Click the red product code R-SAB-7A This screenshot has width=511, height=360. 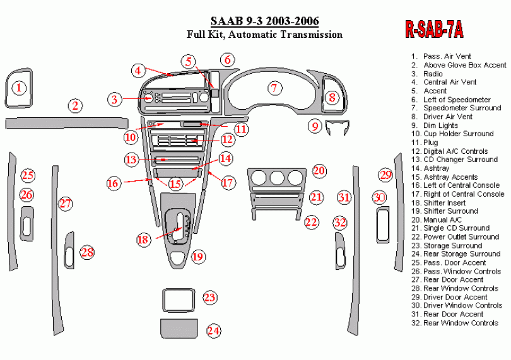tap(434, 30)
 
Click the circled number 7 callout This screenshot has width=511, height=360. tap(274, 88)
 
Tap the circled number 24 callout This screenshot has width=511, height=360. tap(213, 330)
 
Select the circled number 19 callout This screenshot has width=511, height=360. tap(198, 257)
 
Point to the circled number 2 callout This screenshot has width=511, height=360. tap(75, 105)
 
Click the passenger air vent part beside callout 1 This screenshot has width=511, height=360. tap(6, 88)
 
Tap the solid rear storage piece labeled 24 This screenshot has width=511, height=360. tap(179, 328)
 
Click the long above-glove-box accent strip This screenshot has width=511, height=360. tap(66, 124)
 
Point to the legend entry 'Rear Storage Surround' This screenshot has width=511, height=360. tap(455, 254)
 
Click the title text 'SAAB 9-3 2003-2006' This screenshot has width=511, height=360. tap(264, 21)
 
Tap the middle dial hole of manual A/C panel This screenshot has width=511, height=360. tap(277, 178)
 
